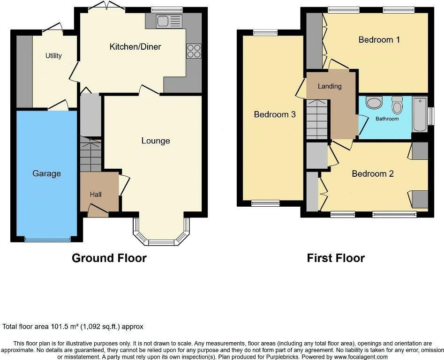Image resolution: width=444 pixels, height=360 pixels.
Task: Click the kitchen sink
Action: [x=169, y=21]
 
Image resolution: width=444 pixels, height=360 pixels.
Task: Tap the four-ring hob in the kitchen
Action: [x=194, y=51]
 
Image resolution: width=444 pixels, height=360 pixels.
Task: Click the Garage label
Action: [x=46, y=173]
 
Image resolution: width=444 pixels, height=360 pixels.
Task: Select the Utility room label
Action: [x=53, y=56]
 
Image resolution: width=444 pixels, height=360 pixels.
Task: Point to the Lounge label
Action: [x=156, y=141]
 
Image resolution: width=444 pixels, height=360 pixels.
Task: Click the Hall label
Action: [x=96, y=195]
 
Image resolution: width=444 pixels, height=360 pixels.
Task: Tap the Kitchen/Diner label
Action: [x=135, y=46]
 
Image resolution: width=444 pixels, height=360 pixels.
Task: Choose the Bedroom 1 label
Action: [x=379, y=40]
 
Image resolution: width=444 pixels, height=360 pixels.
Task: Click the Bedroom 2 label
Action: [x=373, y=174]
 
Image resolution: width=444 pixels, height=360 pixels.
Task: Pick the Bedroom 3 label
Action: [x=275, y=114]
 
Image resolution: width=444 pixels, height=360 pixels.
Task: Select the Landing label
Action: [x=330, y=86]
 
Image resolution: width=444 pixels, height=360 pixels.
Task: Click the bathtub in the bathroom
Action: [x=420, y=114]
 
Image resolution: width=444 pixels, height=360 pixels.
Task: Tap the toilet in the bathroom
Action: [x=397, y=105]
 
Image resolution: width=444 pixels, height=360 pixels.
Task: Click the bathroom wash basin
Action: [x=374, y=102]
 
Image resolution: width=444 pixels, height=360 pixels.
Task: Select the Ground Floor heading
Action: [x=109, y=258]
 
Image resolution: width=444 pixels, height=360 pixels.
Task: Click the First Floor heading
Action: [x=336, y=258]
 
